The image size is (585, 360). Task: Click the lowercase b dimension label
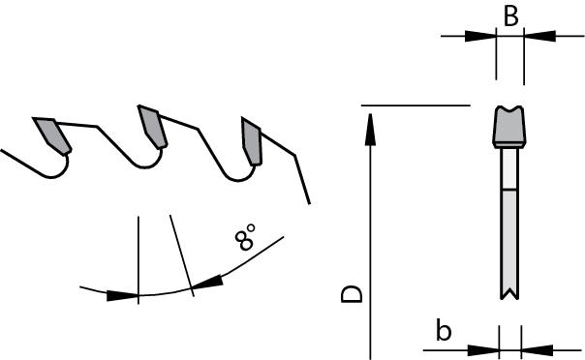[x=444, y=331]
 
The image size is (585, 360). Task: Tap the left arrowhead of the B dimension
[x=479, y=37]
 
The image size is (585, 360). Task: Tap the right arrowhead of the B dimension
[x=539, y=37]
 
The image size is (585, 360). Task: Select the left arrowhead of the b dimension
[x=483, y=348]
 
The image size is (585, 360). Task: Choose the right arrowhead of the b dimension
[x=537, y=348]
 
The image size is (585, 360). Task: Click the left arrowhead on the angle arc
[x=122, y=295]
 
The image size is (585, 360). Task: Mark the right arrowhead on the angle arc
[x=208, y=283]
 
